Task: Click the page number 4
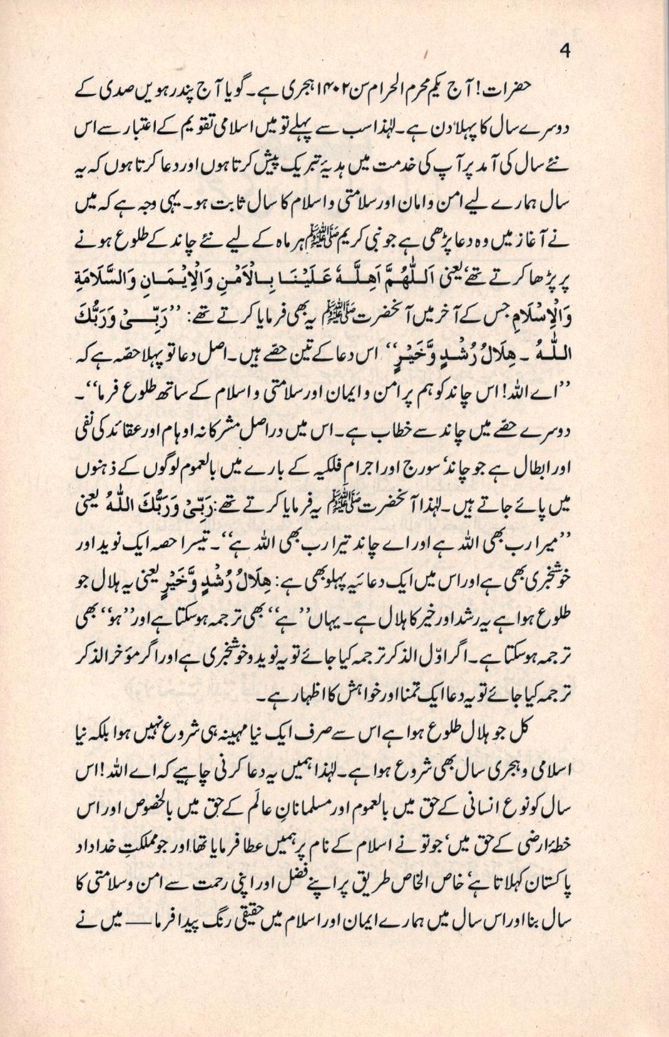[x=565, y=53]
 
